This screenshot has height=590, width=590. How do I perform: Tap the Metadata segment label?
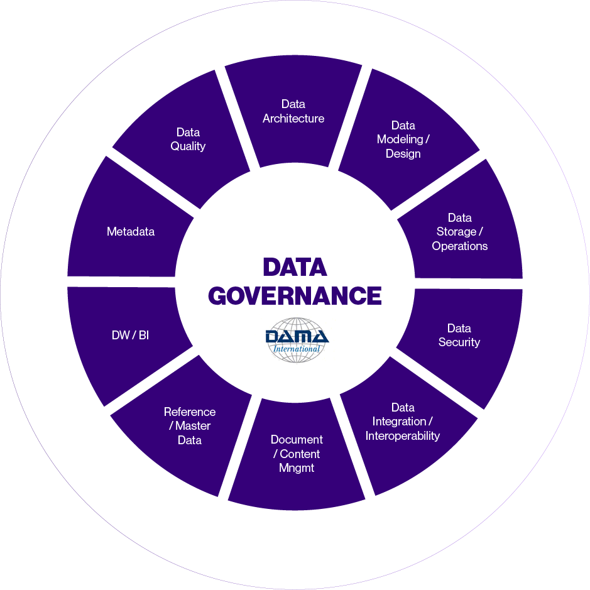tap(131, 232)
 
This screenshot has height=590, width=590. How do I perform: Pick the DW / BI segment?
tap(130, 336)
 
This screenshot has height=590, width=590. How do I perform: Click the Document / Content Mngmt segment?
tap(297, 454)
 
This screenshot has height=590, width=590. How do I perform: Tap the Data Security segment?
tap(459, 336)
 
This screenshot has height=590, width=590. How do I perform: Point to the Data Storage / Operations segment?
tap(459, 232)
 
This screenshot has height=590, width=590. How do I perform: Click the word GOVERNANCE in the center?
tap(295, 295)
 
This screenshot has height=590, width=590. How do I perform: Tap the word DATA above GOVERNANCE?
tap(295, 268)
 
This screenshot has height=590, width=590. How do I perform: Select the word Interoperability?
tap(403, 436)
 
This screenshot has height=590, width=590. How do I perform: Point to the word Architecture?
tap(293, 119)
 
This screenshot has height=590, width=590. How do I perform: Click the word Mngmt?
tap(297, 468)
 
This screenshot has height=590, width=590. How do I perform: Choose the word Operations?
tap(459, 246)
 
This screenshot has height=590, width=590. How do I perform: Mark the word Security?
tap(459, 342)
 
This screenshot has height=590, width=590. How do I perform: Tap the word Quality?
tap(188, 146)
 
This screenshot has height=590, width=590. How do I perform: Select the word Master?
tap(193, 426)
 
